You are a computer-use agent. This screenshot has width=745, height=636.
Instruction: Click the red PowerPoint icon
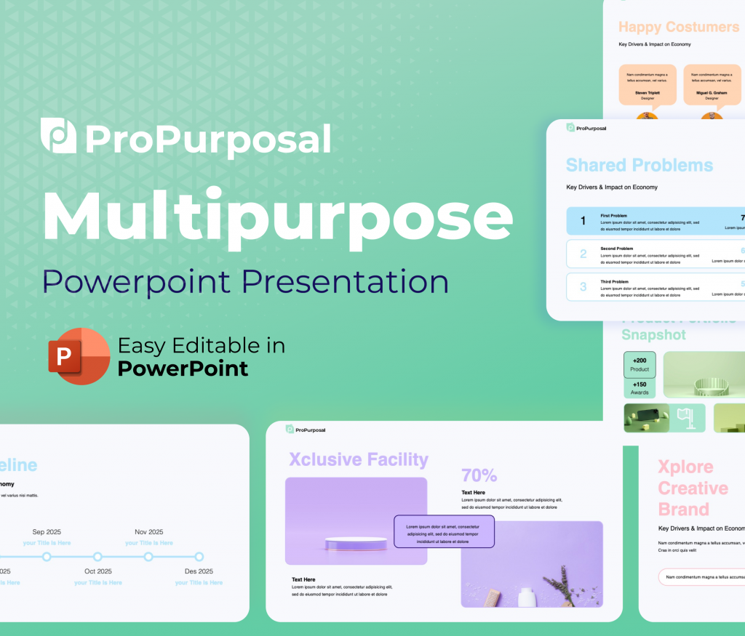79,356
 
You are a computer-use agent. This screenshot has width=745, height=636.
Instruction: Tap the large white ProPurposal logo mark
58,136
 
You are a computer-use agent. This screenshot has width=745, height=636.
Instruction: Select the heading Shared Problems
639,165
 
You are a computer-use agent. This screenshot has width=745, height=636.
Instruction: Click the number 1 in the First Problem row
583,221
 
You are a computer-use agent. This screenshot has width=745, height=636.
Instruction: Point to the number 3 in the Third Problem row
583,287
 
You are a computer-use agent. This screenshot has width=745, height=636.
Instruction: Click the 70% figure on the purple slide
479,475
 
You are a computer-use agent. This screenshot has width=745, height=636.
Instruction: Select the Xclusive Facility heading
358,459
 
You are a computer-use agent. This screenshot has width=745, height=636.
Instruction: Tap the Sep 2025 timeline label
47,532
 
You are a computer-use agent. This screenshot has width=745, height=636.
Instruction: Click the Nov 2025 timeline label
148,532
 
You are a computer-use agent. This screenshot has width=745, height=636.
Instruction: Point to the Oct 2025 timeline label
97,571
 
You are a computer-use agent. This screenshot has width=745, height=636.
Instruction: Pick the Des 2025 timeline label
199,571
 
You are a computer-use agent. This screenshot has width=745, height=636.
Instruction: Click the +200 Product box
640,365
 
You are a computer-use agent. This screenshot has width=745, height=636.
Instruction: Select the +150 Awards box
640,388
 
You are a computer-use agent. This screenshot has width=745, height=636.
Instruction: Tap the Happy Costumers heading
678,27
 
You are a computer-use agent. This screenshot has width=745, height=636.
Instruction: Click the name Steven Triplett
648,92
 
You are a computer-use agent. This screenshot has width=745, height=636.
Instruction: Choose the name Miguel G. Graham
711,92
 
